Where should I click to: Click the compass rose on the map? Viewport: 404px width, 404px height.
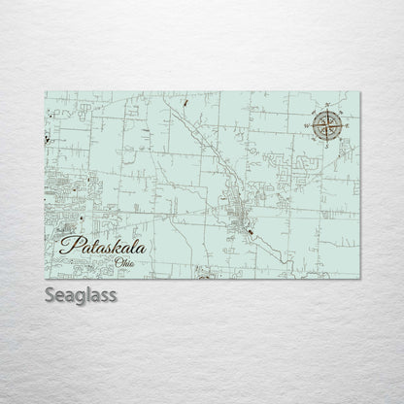coord(323,124)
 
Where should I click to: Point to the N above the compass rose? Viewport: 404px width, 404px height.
coord(328,105)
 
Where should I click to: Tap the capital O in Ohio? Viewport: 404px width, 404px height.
coord(118,262)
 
